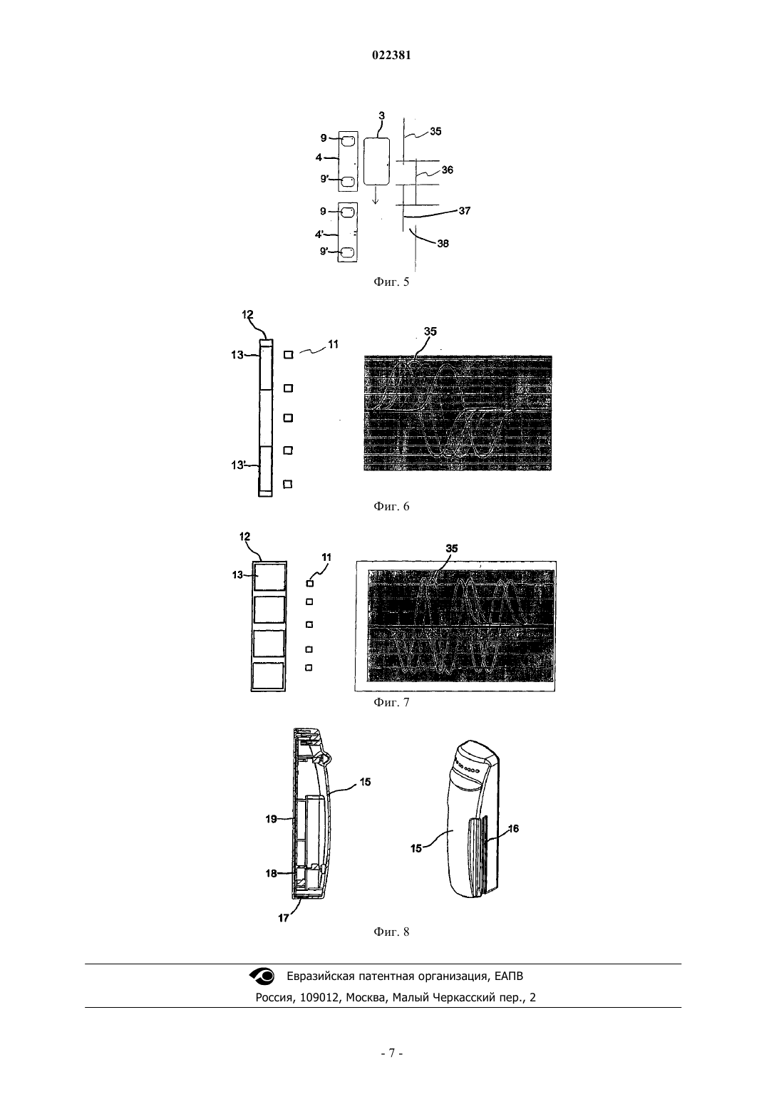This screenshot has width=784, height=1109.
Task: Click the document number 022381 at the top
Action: [x=391, y=56]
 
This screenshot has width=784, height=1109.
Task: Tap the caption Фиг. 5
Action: [x=391, y=282]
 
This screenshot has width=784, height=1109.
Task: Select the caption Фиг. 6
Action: [x=391, y=507]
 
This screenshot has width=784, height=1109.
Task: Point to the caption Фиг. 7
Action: [x=391, y=703]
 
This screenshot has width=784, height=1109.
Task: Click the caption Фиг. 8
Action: [x=391, y=932]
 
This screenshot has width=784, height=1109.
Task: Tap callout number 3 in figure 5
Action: [x=381, y=116]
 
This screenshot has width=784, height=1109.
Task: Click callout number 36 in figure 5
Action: [x=447, y=170]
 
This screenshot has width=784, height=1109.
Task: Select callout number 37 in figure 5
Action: [x=464, y=210]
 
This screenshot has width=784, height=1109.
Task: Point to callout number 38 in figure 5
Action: [x=443, y=243]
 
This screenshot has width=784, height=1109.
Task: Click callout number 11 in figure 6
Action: [x=333, y=344]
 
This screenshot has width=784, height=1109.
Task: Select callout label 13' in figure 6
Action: [x=239, y=465]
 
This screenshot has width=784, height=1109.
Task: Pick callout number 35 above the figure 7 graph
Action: [x=451, y=548]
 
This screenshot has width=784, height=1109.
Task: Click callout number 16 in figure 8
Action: [x=513, y=828]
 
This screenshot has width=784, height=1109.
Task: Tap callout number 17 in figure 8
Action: [x=283, y=918]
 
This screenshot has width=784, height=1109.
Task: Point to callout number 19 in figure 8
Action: [x=271, y=819]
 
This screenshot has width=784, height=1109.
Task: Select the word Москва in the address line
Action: [x=366, y=997]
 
